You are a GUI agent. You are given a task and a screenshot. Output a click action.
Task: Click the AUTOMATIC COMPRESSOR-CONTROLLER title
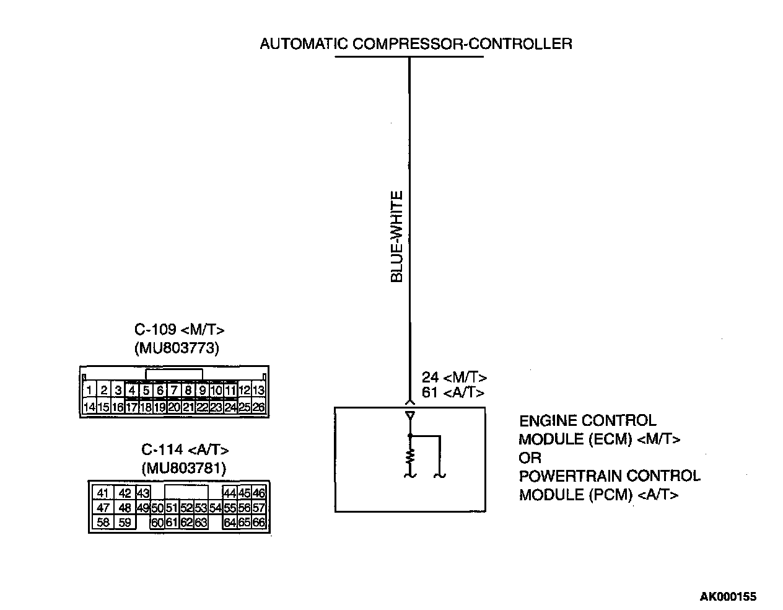point(416,44)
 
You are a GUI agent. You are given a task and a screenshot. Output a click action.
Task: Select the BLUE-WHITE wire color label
point(397,236)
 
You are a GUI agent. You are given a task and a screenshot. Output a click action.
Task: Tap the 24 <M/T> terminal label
point(454,378)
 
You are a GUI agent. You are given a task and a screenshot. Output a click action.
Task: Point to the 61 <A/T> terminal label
point(453,392)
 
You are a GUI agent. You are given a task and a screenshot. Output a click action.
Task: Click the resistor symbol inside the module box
point(409,457)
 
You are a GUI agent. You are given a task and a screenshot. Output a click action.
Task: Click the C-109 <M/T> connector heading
point(179,330)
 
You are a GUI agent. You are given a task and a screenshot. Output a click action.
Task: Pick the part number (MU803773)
point(177,348)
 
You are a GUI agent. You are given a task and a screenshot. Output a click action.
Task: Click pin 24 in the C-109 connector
point(230,407)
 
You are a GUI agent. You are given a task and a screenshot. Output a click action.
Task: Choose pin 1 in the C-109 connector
point(90,391)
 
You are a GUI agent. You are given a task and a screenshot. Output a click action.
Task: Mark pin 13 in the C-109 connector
point(259,391)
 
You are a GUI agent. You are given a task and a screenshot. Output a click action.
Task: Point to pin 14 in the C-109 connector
point(89,407)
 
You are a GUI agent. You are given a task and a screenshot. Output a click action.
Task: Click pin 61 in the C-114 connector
point(172,523)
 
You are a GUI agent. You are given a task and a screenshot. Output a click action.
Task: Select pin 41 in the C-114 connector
point(103,493)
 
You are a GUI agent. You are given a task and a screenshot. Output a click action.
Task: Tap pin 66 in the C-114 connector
point(259,523)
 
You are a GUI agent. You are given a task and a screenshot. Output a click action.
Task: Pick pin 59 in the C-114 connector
point(125,523)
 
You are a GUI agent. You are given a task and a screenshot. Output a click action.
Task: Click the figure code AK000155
point(728,597)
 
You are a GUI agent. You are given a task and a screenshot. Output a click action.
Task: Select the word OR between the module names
point(530,457)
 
